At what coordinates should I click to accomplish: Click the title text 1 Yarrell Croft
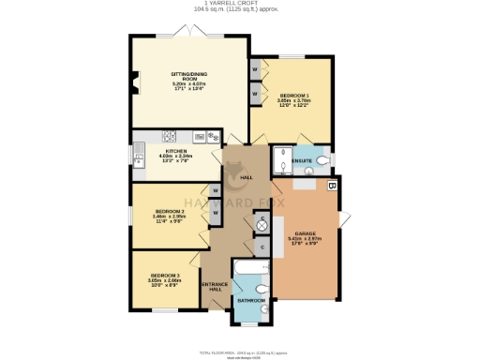click(239, 4)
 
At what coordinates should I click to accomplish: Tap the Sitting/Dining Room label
click(187, 74)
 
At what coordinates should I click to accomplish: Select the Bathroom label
click(250, 300)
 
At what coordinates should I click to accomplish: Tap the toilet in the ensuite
click(322, 161)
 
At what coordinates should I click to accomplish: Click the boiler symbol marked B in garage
click(331, 186)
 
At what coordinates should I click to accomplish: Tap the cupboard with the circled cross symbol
click(262, 226)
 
